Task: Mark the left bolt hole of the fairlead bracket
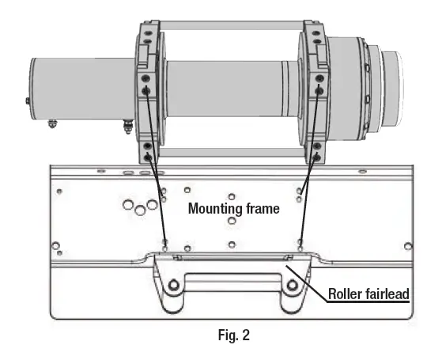(x=172, y=285)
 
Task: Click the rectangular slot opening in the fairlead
(x=230, y=280)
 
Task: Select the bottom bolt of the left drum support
(x=149, y=157)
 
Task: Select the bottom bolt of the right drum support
(x=318, y=157)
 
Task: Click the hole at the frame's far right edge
(x=407, y=245)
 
